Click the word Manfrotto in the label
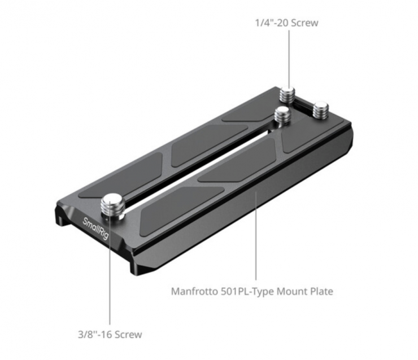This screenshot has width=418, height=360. [194, 291]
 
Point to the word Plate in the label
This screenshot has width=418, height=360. [321, 291]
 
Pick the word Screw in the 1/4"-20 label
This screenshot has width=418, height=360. [304, 23]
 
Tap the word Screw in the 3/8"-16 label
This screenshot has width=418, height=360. [128, 335]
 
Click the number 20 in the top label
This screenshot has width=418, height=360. [282, 23]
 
